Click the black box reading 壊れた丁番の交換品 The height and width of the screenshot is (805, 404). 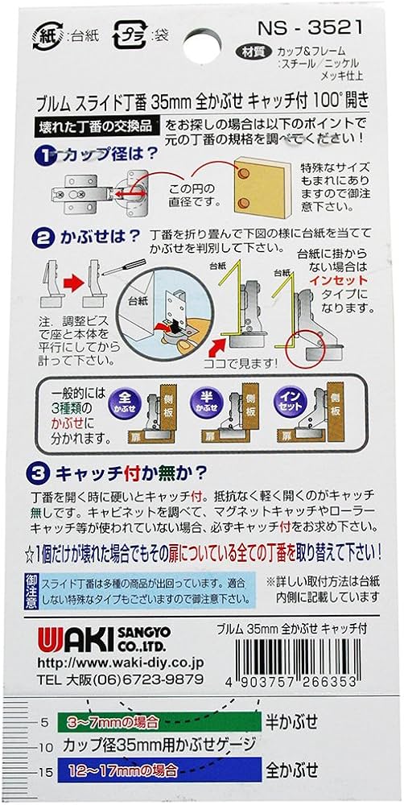[97, 126]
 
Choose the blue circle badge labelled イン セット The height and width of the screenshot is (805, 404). [291, 400]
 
